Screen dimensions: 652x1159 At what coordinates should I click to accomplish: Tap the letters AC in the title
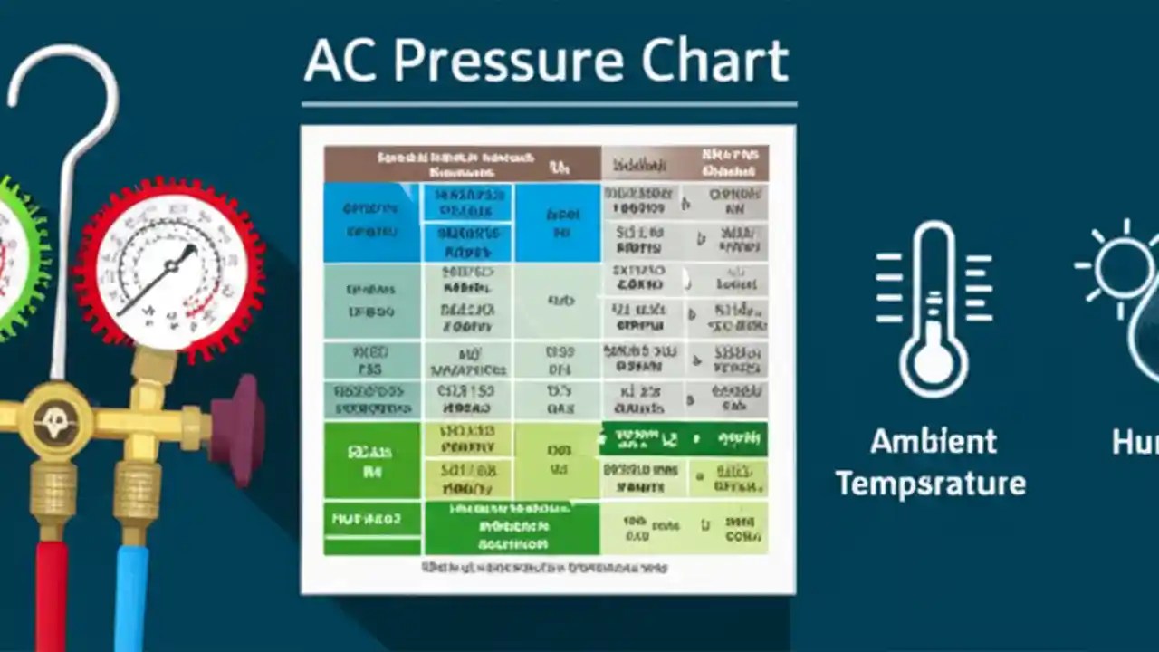[340, 62]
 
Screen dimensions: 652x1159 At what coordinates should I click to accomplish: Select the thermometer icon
[933, 308]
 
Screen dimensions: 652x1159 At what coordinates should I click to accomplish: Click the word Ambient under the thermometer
[934, 442]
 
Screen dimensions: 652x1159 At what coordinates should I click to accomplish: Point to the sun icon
[1123, 267]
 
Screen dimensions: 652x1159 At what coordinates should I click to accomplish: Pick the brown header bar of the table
[462, 163]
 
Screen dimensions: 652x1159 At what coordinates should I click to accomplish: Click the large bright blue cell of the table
[371, 222]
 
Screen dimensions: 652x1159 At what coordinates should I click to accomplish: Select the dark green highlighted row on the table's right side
[684, 440]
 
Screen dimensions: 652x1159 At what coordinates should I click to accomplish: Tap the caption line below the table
[543, 568]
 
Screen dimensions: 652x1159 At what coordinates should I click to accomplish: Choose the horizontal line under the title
[549, 104]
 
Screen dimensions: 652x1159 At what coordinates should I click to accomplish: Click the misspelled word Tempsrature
[931, 484]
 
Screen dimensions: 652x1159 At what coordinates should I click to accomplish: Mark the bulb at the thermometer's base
[933, 362]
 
